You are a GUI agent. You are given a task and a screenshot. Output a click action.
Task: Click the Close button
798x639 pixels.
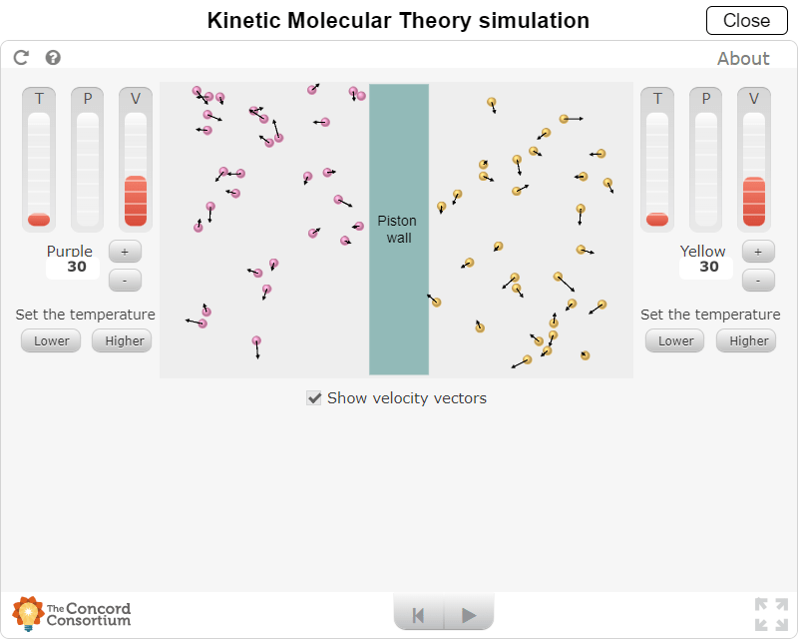746,20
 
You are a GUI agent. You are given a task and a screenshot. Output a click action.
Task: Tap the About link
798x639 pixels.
743,58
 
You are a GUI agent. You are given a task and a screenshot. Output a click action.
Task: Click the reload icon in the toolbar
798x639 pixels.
21,58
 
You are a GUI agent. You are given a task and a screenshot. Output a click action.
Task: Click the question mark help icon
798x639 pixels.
53,58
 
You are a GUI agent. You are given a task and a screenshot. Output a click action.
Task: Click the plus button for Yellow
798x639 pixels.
758,251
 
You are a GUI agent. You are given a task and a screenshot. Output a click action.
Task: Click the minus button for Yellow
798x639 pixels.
758,281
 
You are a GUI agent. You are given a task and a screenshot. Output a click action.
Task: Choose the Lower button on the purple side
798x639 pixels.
52,340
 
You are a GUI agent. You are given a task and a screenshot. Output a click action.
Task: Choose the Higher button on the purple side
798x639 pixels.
124,340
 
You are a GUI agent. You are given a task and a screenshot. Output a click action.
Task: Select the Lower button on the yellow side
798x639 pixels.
675,340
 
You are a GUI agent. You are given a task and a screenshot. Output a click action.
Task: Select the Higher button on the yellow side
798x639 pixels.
748,340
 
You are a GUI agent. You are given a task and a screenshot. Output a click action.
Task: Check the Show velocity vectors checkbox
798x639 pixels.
314,398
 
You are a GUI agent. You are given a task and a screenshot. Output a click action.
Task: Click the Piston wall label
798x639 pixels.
398,229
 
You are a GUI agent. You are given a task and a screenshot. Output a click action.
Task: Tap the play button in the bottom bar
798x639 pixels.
469,615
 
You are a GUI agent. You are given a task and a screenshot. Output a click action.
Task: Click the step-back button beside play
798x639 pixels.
420,615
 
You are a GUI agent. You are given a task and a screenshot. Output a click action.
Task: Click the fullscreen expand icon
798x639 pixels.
771,614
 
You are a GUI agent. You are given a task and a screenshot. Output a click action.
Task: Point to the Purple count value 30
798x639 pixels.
77,267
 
